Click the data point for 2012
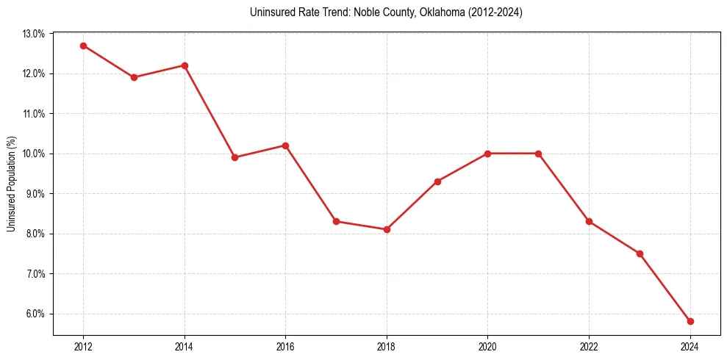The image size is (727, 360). tap(83, 46)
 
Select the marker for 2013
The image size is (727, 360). tap(134, 77)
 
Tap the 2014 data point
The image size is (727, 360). tap(185, 65)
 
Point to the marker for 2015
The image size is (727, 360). tap(234, 157)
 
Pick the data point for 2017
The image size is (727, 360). tap(336, 221)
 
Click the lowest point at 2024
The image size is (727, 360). tap(690, 321)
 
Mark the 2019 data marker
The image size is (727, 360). tap(437, 181)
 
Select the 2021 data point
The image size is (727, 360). tap(538, 154)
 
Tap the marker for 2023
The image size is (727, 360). tap(640, 253)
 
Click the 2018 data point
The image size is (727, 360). tap(387, 229)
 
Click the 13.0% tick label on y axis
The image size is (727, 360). tap(34, 34)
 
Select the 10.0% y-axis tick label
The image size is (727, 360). tap(34, 154)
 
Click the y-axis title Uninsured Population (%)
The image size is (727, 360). tap(11, 184)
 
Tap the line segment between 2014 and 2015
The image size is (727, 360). tap(209, 112)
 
